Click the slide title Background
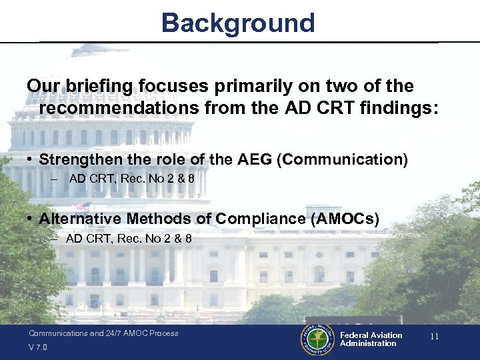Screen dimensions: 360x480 click(x=238, y=23)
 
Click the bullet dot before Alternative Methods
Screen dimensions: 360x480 click(x=31, y=219)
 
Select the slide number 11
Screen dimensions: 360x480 click(x=434, y=337)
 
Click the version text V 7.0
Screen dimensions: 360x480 click(x=38, y=347)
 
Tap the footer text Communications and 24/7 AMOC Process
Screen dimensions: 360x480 click(x=103, y=333)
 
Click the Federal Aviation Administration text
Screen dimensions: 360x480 click(x=371, y=339)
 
